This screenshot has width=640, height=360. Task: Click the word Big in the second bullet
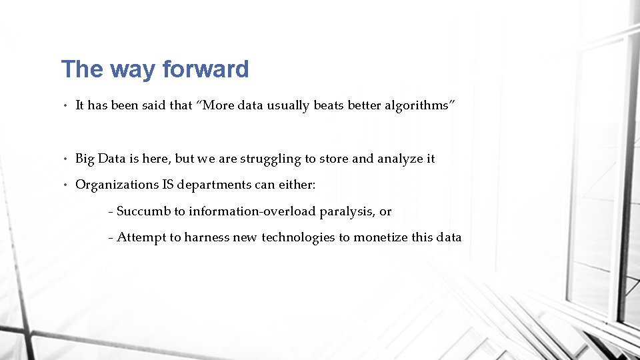(85, 158)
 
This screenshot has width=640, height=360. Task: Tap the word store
(334, 158)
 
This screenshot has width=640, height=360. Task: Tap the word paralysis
(347, 211)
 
